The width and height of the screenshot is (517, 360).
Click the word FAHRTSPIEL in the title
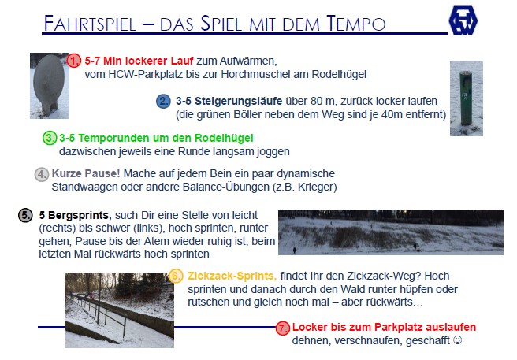(x=90, y=24)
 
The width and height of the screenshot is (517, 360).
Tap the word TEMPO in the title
(x=356, y=24)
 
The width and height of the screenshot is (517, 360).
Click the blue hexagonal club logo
(x=463, y=20)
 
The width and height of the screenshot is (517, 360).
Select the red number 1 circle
(x=73, y=61)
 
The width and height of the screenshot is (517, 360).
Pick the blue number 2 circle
(x=163, y=101)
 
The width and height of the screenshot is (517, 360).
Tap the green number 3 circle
(x=50, y=138)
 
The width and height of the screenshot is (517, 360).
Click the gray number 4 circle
(x=42, y=174)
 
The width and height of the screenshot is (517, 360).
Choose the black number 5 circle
(x=25, y=215)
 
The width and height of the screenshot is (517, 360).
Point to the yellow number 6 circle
(x=176, y=276)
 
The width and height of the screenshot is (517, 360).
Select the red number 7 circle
(x=282, y=328)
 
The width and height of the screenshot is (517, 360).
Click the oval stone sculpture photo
(x=50, y=86)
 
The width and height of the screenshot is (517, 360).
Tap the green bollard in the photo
(x=466, y=98)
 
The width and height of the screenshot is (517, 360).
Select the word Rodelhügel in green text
(x=224, y=138)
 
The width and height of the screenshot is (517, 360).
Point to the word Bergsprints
(x=80, y=215)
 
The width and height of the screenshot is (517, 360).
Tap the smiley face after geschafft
(x=458, y=340)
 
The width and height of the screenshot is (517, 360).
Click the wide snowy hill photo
(x=391, y=232)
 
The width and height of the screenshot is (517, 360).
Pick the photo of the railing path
(x=119, y=310)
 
